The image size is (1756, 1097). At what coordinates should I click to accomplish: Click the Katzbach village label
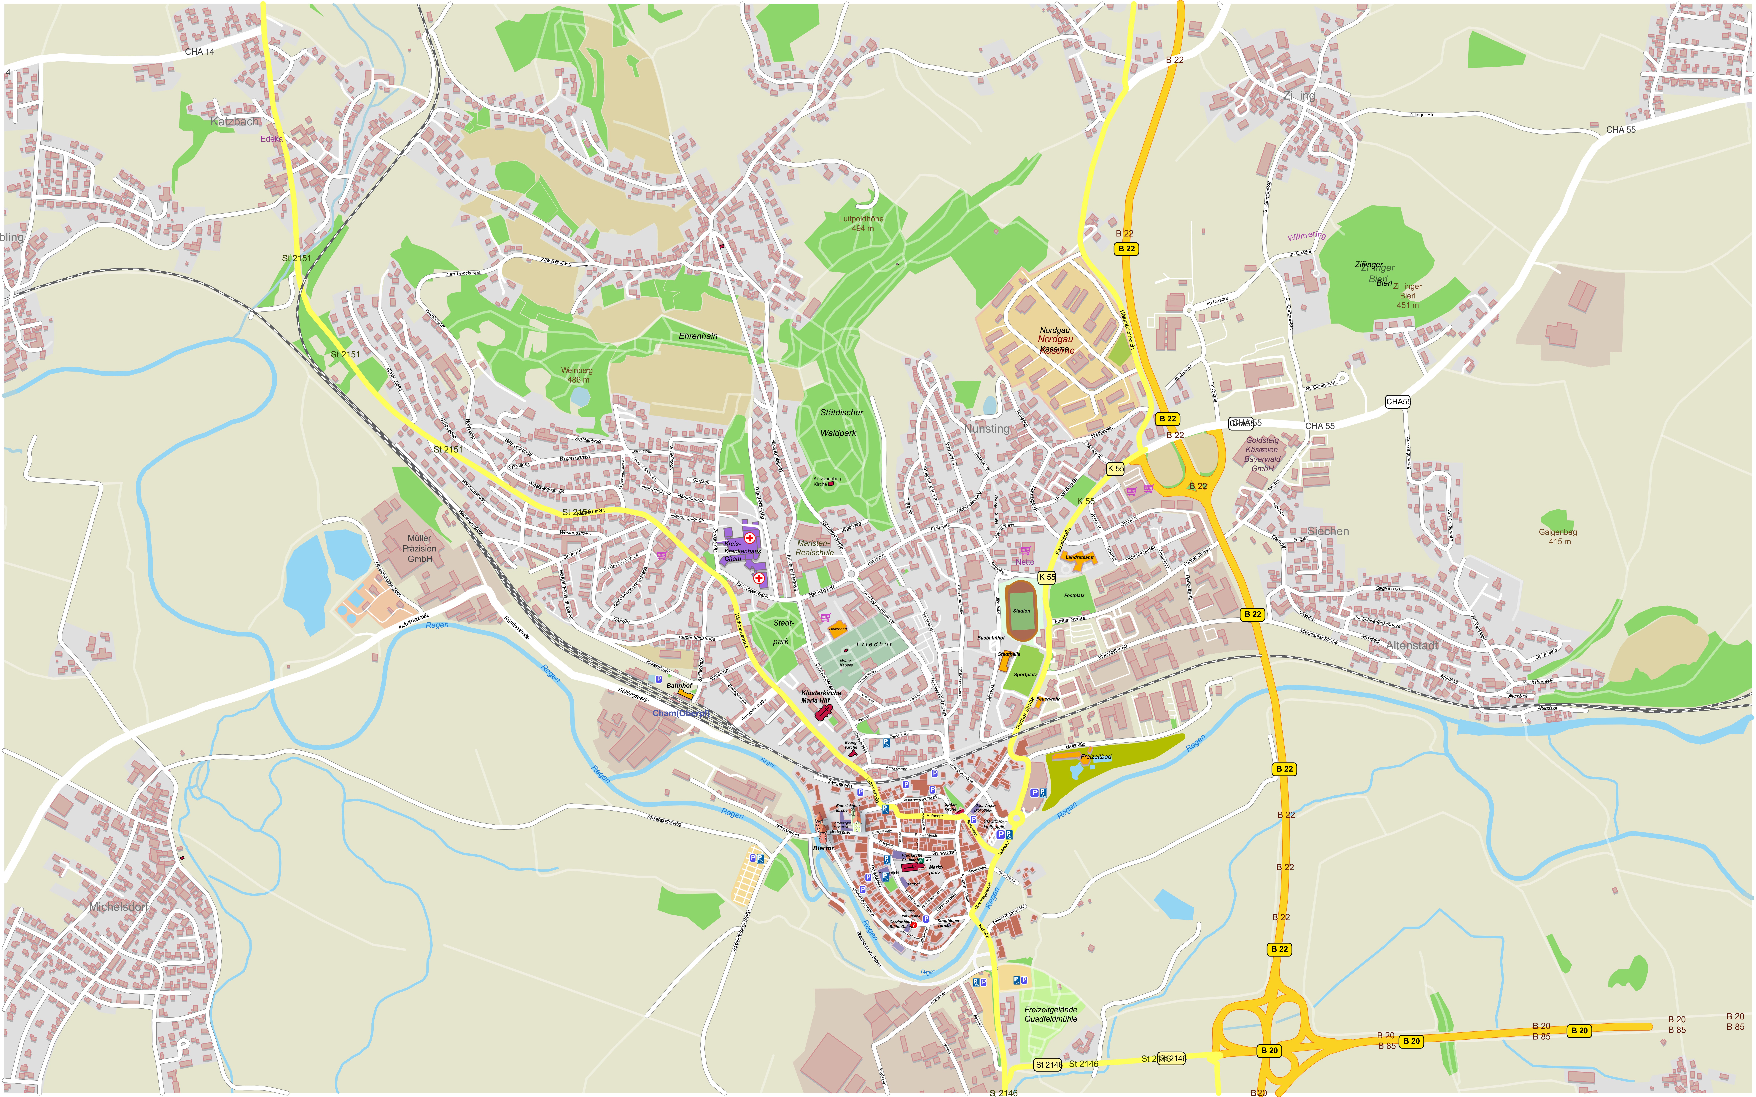tap(234, 122)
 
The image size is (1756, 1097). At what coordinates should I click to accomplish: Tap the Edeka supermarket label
tap(271, 139)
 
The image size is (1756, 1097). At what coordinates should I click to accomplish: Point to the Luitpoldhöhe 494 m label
tap(861, 223)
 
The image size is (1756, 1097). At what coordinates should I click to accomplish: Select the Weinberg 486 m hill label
tap(577, 375)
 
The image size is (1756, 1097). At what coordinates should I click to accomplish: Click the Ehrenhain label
tap(698, 336)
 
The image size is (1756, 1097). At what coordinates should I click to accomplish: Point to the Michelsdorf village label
tap(119, 907)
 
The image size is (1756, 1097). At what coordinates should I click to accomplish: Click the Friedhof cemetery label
tap(874, 644)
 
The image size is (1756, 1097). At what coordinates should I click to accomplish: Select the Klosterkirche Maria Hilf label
tap(821, 696)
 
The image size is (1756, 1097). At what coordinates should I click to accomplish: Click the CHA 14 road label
tap(200, 52)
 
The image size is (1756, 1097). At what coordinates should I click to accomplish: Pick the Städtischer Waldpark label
tap(841, 422)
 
